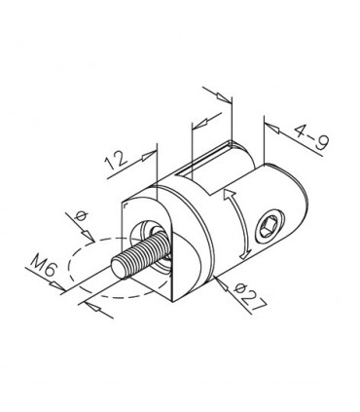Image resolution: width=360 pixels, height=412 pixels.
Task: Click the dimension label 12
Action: tap(116, 161)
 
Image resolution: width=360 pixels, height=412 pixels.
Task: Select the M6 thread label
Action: tap(42, 266)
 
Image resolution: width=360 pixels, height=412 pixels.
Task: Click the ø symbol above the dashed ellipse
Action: tap(81, 216)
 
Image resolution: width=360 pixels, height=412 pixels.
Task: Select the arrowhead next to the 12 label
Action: tap(148, 156)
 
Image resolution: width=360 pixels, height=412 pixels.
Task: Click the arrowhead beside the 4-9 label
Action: tap(273, 128)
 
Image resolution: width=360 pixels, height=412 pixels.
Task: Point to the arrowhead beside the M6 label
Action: tap(57, 285)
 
